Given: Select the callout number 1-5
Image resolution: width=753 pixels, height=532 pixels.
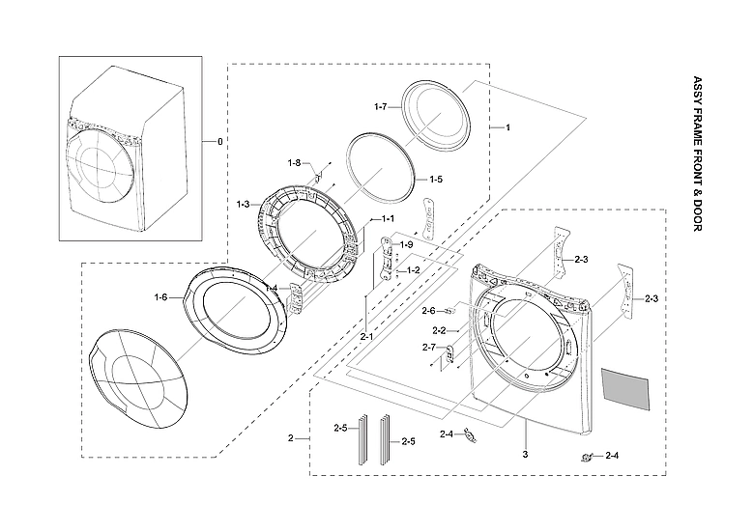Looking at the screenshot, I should [x=436, y=180].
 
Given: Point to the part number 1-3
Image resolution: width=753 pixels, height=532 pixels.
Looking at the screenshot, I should [x=243, y=204].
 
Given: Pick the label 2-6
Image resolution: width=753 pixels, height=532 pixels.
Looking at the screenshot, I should [x=428, y=310].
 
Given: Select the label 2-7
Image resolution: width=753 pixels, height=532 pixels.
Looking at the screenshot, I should [x=428, y=347].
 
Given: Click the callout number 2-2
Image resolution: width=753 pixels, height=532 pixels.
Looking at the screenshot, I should [x=438, y=331].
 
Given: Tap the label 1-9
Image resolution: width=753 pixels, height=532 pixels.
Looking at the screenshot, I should [x=407, y=245].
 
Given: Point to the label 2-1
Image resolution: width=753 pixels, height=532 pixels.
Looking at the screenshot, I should [x=367, y=336].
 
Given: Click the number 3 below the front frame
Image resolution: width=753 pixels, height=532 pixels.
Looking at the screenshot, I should [x=525, y=453].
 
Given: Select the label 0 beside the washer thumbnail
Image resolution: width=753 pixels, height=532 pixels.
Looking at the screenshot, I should [x=219, y=142].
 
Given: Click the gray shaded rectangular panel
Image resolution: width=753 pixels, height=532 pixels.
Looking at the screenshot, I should [x=624, y=386].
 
